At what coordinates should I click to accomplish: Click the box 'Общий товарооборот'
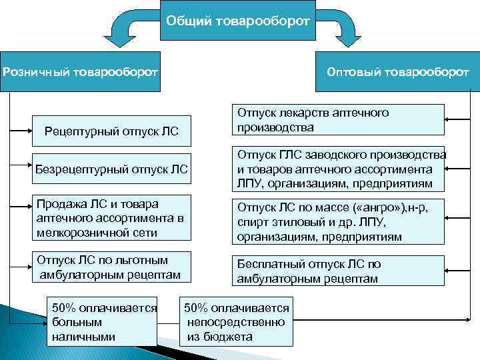pyautogui.click(x=237, y=21)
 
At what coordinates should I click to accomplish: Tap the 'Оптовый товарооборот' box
pyautogui.click(x=399, y=71)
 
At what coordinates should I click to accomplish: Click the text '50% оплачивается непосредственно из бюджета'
pyautogui.click(x=236, y=323)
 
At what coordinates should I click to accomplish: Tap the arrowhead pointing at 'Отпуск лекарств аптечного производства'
pyautogui.click(x=449, y=120)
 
